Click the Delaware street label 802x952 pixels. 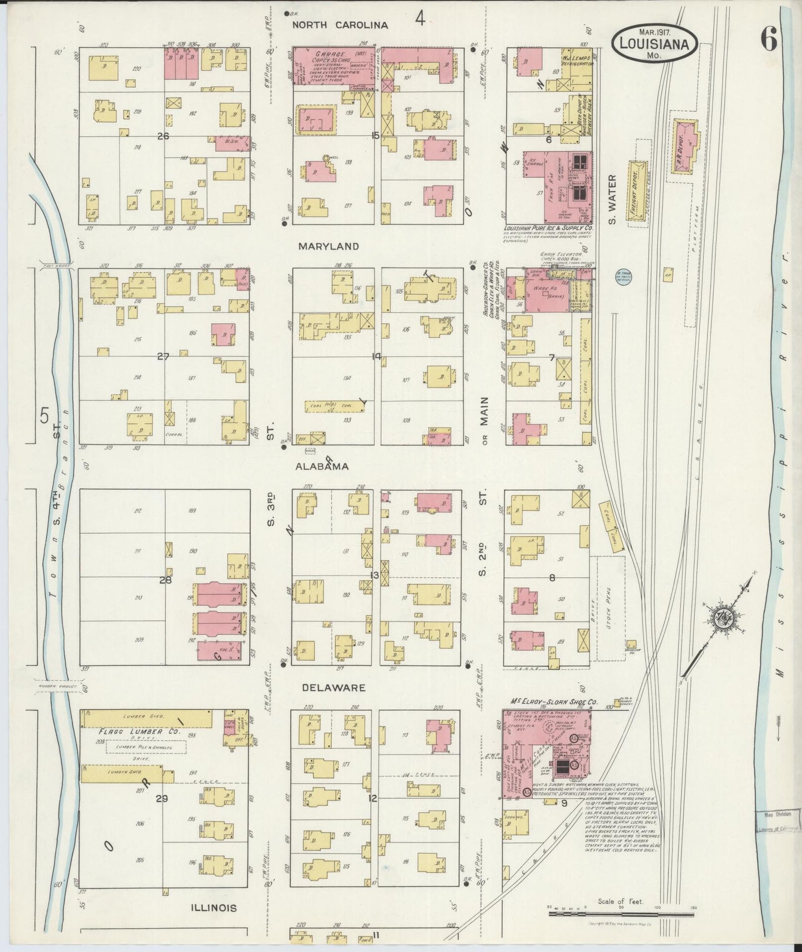[334, 688]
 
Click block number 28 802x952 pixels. [165, 580]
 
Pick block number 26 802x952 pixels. [163, 136]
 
